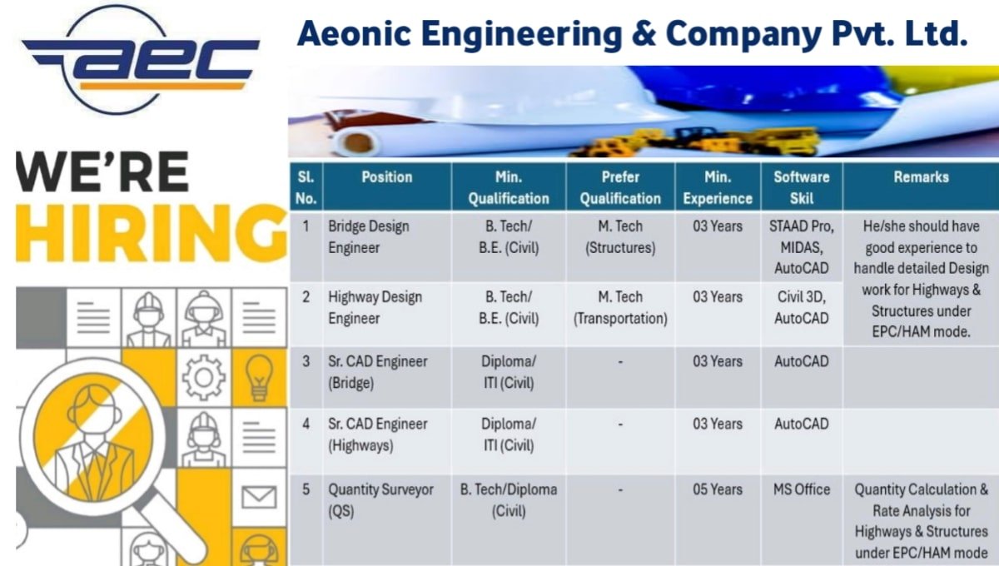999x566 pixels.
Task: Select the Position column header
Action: [x=386, y=177]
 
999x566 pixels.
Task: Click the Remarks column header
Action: [x=921, y=177]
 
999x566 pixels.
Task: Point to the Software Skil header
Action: [x=801, y=187]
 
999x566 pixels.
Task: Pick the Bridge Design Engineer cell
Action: [x=369, y=236]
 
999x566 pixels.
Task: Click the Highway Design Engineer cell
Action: [x=375, y=307]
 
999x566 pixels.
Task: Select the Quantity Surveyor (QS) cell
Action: [x=380, y=500]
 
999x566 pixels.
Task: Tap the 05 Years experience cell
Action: [x=717, y=489]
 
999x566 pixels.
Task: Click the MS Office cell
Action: [x=801, y=489]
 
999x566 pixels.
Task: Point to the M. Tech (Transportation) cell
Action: [x=619, y=307]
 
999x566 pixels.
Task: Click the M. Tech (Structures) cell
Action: [x=619, y=236]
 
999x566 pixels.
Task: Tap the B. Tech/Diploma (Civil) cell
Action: [x=509, y=500]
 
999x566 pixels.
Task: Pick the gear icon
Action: [x=203, y=377]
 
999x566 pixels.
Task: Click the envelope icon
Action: [x=258, y=497]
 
